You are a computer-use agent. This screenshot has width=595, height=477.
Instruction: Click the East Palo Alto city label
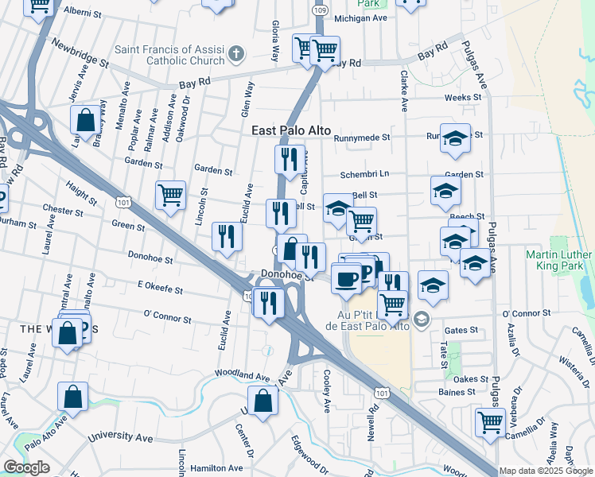291,131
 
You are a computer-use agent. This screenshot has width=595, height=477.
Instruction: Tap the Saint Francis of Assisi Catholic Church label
169,55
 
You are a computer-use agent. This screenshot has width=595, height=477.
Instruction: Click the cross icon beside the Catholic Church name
235,54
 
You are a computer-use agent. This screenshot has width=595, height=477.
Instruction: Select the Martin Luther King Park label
558,261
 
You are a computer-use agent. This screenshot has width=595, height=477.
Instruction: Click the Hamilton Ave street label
223,468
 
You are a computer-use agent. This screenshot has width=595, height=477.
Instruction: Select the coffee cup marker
346,279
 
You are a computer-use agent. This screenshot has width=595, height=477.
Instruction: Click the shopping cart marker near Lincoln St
171,195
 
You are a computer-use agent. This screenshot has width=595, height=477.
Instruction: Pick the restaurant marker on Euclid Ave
227,237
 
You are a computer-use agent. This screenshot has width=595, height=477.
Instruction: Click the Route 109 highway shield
319,10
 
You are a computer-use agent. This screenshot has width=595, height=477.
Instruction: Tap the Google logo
26,467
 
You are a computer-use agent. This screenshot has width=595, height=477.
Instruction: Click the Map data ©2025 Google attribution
546,471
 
